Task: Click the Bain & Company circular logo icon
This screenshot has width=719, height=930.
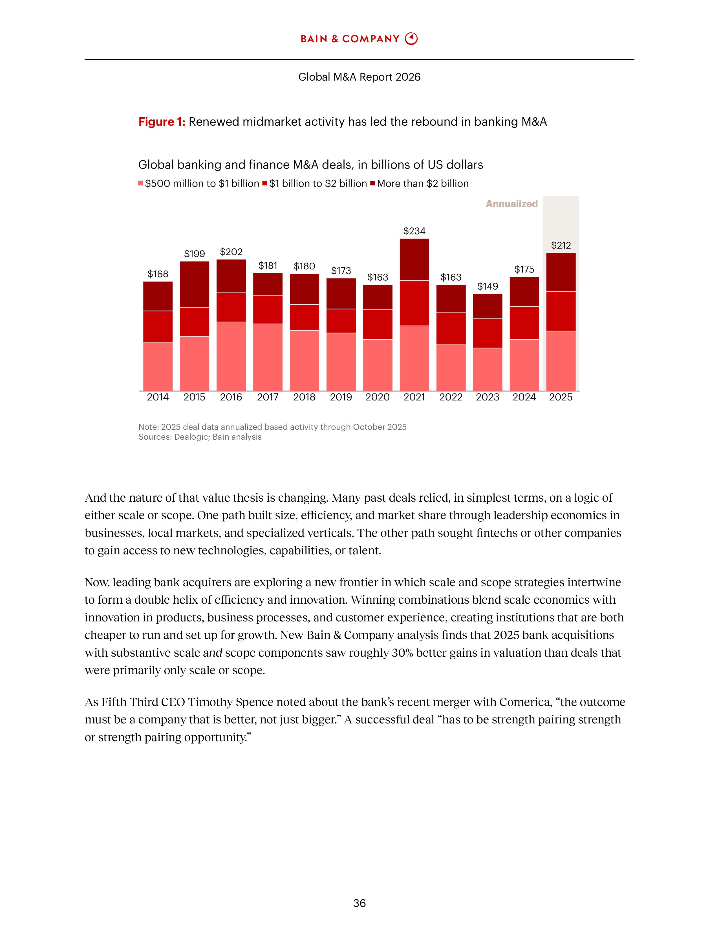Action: click(411, 39)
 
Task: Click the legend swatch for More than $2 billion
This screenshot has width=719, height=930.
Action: click(373, 183)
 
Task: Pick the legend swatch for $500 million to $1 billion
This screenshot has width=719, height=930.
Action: click(141, 183)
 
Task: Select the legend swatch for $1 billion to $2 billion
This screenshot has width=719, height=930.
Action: click(264, 183)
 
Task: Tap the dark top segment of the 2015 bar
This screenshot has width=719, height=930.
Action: click(195, 284)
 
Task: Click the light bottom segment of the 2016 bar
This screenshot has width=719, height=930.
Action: click(231, 356)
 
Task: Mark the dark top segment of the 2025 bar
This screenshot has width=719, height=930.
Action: click(561, 272)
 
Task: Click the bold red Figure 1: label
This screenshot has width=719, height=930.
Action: click(162, 122)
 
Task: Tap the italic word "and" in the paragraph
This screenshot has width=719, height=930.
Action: click(213, 653)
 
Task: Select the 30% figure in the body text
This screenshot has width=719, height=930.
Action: click(402, 653)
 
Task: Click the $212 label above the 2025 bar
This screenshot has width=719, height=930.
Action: click(561, 245)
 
